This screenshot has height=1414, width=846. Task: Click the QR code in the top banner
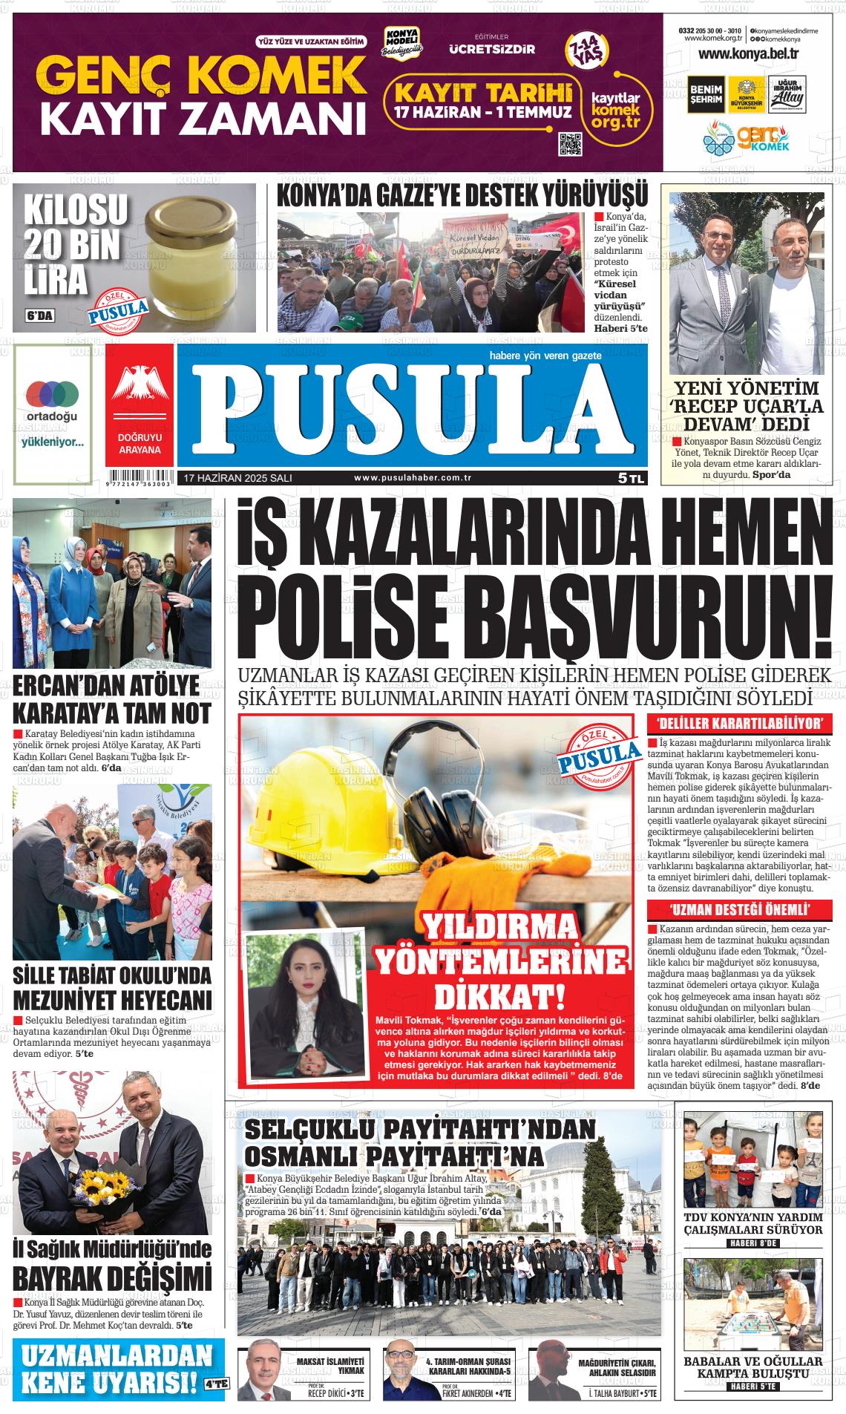570,143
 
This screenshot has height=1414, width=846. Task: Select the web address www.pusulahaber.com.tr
413,479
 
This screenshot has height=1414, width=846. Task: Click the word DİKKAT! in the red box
499,995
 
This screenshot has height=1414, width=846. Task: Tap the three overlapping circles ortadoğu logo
52,393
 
